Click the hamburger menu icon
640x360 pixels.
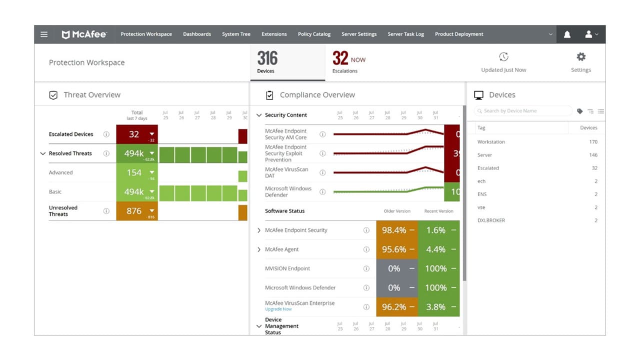(44, 34)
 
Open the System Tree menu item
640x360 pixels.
(236, 34)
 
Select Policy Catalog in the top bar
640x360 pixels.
(314, 34)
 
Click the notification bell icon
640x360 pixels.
(567, 34)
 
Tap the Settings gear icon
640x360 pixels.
(581, 57)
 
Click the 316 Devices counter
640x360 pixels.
(267, 62)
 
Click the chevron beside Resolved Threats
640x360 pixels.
(42, 153)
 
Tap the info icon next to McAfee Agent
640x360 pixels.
(366, 249)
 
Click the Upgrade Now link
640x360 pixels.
(278, 309)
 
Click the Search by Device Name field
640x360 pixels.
(522, 111)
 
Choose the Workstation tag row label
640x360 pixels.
(491, 142)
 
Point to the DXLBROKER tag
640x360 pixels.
(491, 220)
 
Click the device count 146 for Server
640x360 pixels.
(593, 155)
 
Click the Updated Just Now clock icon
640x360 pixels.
(503, 57)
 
